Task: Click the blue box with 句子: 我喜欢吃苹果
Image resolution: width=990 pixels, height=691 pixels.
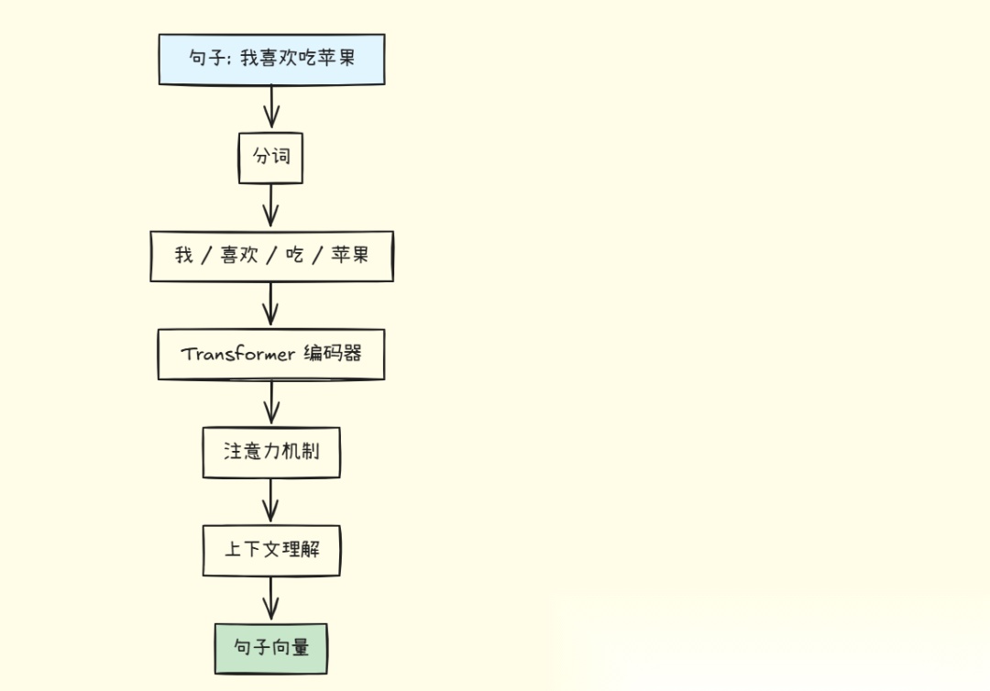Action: (271, 60)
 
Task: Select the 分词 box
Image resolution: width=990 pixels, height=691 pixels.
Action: (270, 158)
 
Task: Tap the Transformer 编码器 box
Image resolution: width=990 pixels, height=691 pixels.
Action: (271, 354)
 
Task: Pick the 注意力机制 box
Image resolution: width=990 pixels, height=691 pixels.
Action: (271, 452)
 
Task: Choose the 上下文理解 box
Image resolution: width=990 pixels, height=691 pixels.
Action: (271, 551)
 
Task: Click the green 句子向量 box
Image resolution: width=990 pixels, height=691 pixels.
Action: (270, 649)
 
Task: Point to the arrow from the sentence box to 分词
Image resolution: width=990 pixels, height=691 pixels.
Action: (270, 108)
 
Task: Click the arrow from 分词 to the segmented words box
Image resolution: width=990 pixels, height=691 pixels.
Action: (270, 206)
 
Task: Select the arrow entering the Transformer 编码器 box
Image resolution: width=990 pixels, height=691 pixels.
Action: (270, 304)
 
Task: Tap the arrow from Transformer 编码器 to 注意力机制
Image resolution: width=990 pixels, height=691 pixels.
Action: (270, 403)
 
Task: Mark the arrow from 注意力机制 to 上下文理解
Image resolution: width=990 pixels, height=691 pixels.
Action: (270, 501)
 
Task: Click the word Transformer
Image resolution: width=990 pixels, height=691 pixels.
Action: (238, 354)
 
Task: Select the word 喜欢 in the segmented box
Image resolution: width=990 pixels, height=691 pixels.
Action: (239, 256)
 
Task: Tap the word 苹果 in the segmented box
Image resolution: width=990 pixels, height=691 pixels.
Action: (349, 256)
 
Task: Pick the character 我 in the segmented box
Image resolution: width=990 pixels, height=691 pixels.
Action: (183, 256)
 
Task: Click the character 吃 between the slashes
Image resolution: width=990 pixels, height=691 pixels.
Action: (294, 256)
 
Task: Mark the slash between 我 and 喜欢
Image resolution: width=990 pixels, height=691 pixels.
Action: (207, 256)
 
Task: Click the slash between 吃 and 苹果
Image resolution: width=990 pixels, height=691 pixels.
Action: (317, 256)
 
